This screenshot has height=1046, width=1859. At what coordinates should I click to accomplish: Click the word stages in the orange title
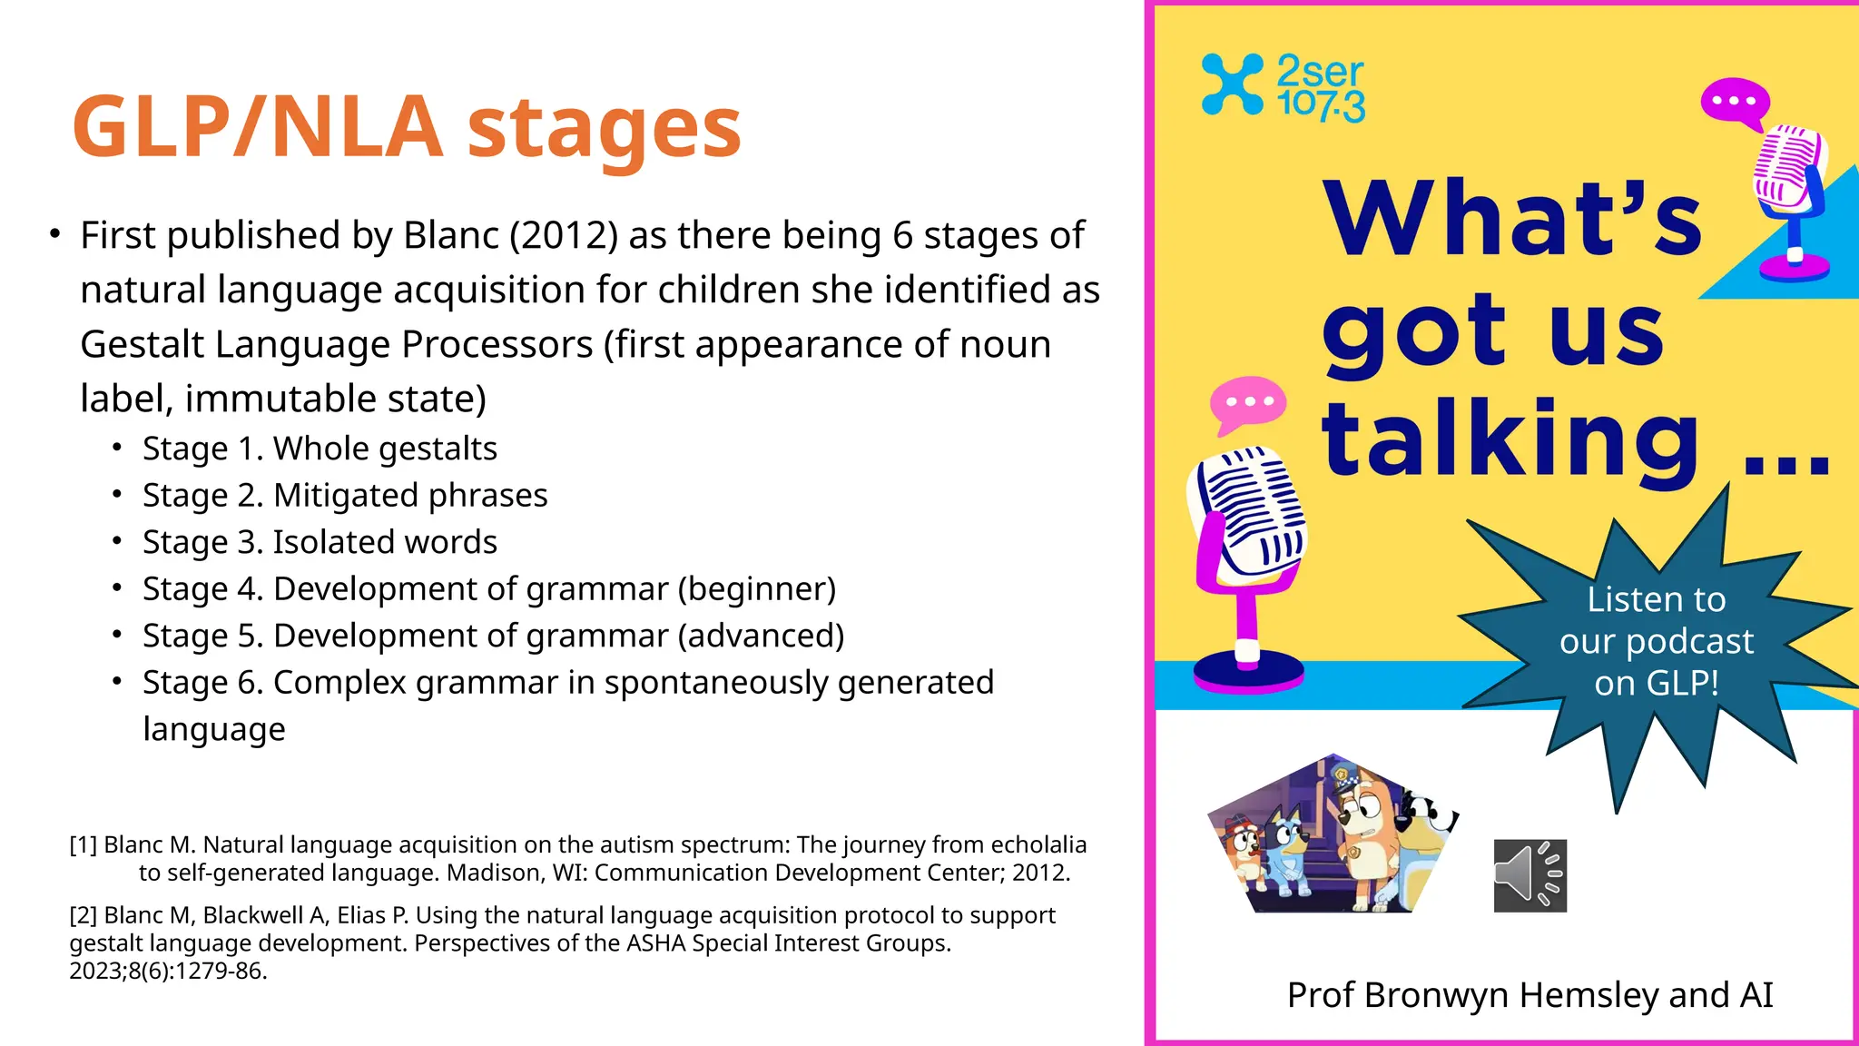click(x=604, y=129)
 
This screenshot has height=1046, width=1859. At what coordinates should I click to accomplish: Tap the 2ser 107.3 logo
click(x=1283, y=87)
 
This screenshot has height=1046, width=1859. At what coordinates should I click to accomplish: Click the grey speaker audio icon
click(x=1529, y=875)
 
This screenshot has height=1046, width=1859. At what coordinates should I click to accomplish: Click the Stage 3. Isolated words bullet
click(x=320, y=542)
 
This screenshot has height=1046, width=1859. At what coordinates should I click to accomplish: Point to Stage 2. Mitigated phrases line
click(x=345, y=496)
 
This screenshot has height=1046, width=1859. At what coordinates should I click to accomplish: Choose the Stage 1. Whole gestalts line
click(x=320, y=449)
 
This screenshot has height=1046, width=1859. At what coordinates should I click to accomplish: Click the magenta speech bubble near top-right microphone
click(x=1734, y=101)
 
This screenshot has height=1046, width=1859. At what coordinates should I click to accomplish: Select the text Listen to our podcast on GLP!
click(x=1656, y=641)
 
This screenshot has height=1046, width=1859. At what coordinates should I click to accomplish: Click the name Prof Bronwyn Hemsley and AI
click(x=1529, y=995)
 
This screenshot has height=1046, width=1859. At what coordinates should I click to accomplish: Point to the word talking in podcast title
click(x=1510, y=440)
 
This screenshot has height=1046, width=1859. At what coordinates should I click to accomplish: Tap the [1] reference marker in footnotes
click(x=84, y=845)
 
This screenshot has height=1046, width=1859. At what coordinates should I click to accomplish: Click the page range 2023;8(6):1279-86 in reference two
click(x=167, y=972)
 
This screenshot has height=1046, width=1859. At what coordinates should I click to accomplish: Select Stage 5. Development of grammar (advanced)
click(x=493, y=636)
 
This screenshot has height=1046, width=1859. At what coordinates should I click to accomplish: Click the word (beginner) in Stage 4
click(x=756, y=589)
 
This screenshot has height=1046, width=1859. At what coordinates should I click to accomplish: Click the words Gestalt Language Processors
click(x=336, y=345)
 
